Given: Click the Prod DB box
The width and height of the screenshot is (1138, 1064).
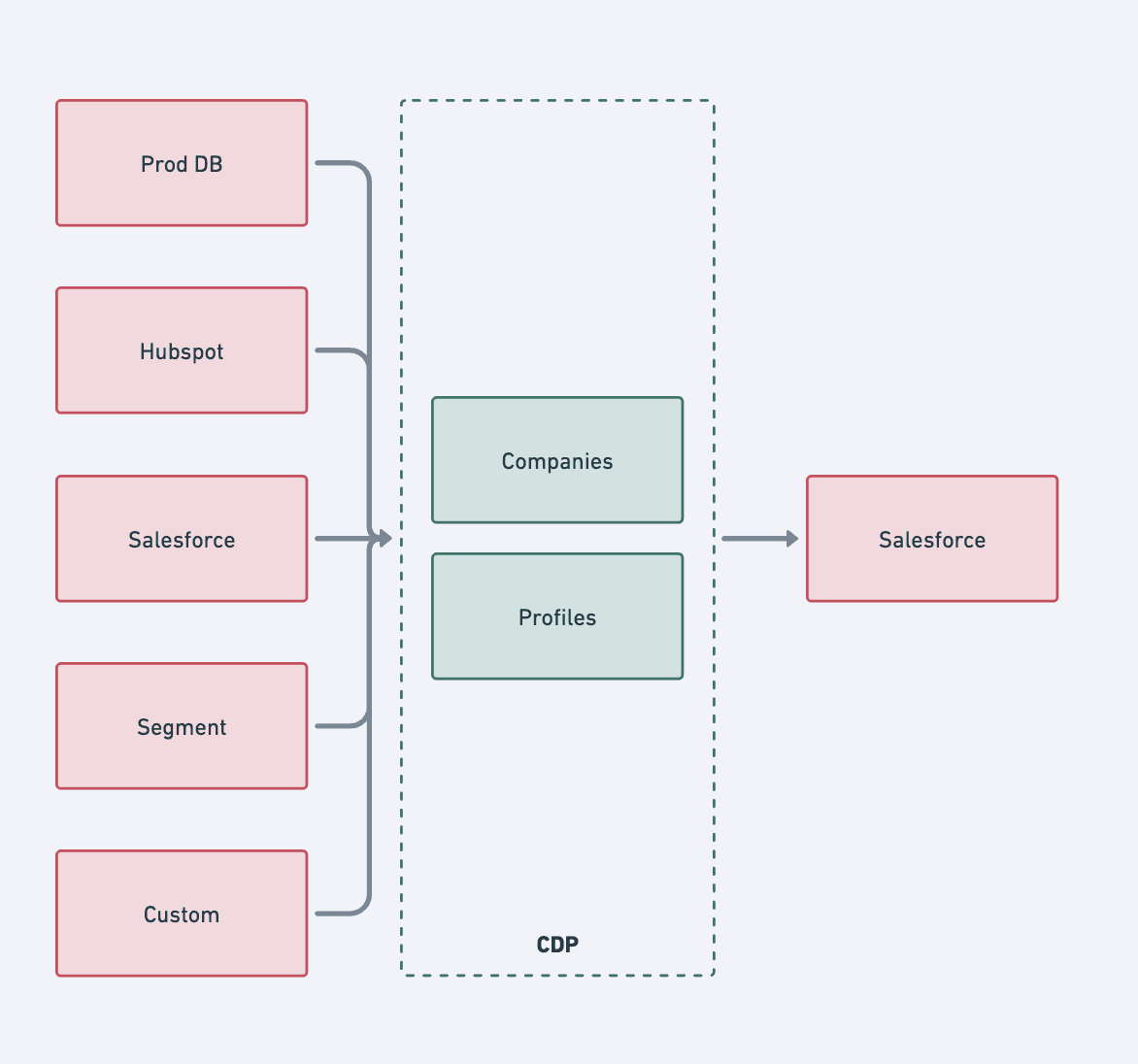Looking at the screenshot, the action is (182, 163).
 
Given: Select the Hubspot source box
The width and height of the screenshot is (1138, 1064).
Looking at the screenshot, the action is (182, 350).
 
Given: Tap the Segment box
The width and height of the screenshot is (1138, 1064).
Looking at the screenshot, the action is (182, 726).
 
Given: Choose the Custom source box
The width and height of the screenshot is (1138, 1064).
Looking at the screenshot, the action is (182, 913).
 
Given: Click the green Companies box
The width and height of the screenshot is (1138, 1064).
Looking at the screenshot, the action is (557, 460).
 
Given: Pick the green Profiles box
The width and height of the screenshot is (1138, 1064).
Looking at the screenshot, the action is (557, 616).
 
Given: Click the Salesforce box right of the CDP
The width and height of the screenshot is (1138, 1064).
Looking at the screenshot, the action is (932, 539).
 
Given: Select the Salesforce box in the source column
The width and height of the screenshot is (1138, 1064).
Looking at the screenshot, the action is (182, 539).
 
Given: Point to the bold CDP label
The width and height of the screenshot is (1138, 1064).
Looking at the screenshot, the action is (557, 945).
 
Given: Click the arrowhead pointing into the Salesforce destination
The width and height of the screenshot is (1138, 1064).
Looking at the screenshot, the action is (792, 539).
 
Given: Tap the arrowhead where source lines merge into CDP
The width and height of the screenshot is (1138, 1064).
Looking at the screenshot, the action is (385, 539).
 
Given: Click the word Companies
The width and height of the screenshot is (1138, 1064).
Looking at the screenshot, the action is (557, 461).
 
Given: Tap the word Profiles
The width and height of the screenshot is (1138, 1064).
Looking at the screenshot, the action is (557, 617).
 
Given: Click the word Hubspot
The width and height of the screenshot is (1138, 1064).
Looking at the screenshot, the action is (182, 352).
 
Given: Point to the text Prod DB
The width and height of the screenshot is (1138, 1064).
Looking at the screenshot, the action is (182, 164).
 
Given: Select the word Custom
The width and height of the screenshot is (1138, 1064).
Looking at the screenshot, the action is (182, 914).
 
